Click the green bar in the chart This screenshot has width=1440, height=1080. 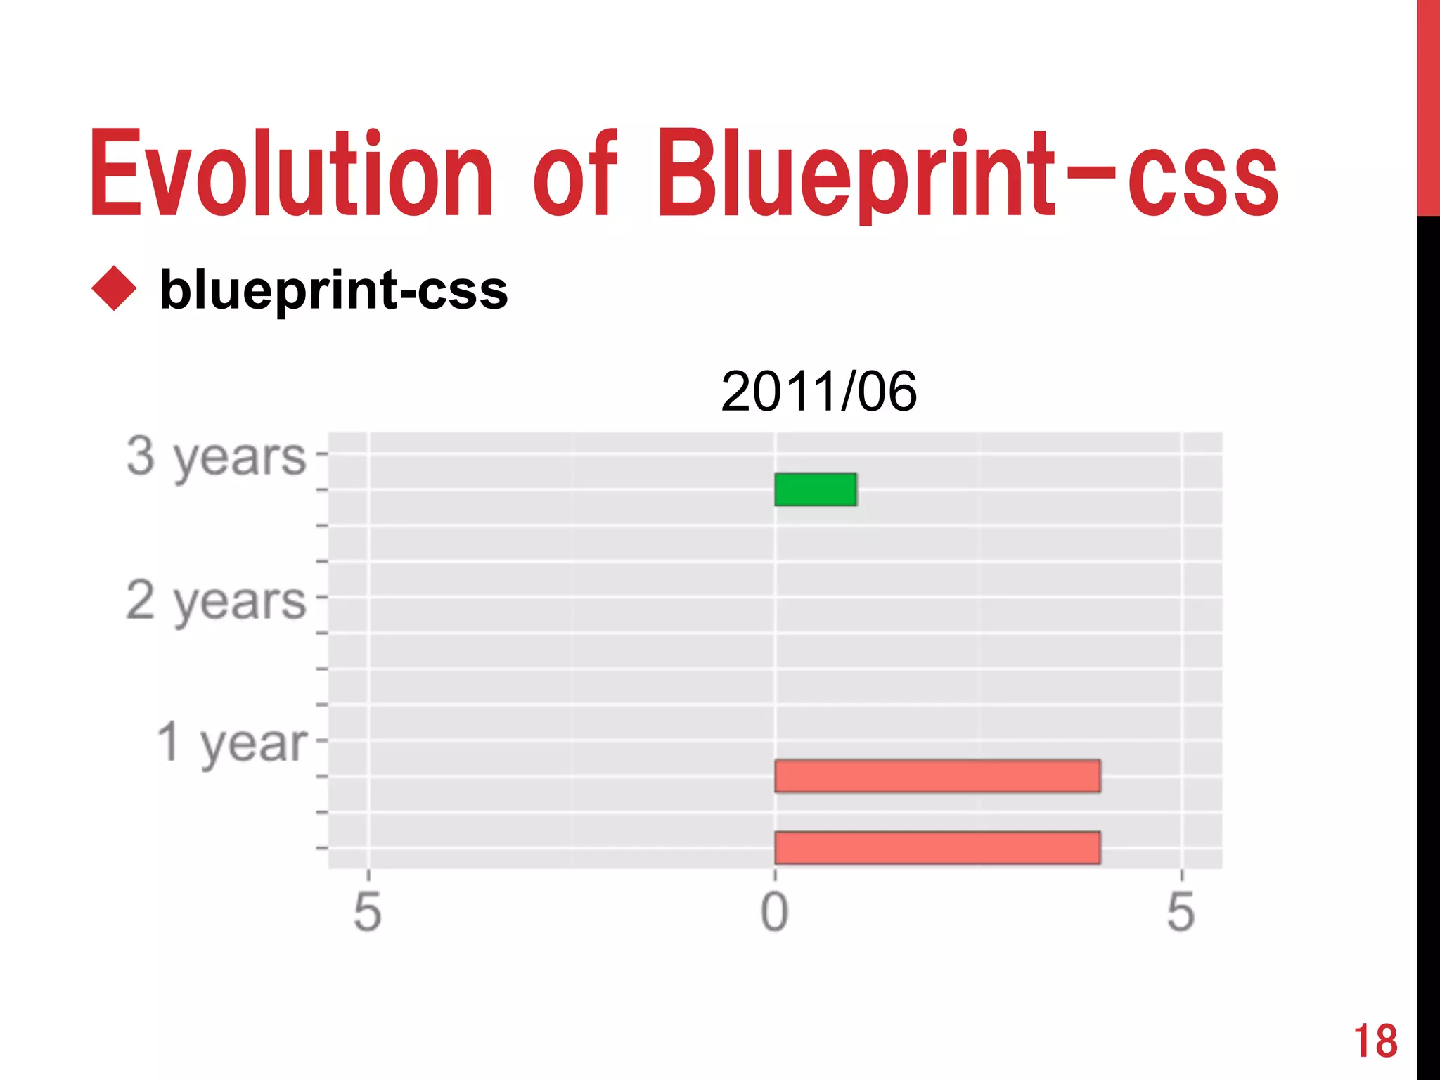(x=816, y=489)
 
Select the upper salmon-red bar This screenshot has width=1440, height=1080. (x=937, y=776)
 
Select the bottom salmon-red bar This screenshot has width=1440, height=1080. (x=937, y=847)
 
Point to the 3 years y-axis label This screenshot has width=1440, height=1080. (x=216, y=457)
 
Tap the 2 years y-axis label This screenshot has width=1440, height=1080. (x=216, y=601)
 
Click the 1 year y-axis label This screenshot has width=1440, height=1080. (x=232, y=743)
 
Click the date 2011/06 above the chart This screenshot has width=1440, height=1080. (x=818, y=392)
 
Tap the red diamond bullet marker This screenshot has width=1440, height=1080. (x=114, y=288)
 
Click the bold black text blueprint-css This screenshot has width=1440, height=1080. (x=333, y=290)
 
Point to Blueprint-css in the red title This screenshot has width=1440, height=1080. (x=967, y=174)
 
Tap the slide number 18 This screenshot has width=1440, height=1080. (x=1375, y=1041)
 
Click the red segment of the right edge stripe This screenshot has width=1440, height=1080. (x=1428, y=105)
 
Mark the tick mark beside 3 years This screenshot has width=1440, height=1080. (x=322, y=454)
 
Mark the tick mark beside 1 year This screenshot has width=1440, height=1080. (x=322, y=740)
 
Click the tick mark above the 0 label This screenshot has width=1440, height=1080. (x=775, y=875)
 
